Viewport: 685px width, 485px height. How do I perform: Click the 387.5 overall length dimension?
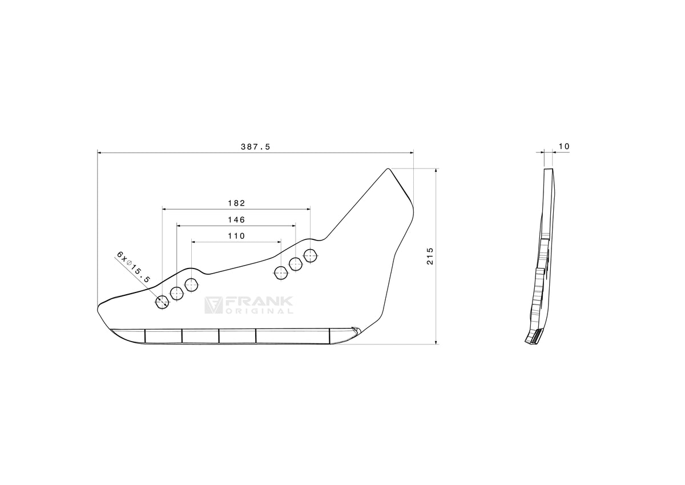pyautogui.click(x=255, y=147)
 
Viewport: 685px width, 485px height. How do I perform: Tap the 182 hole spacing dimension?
pyautogui.click(x=236, y=203)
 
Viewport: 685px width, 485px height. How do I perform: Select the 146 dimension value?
pyautogui.click(x=236, y=220)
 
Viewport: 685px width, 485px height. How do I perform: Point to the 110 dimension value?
pyautogui.click(x=236, y=236)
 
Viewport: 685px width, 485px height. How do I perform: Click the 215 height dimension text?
pyautogui.click(x=430, y=256)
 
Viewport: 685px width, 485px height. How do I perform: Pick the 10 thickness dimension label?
pyautogui.click(x=564, y=147)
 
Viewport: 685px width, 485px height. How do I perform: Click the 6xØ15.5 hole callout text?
pyautogui.click(x=134, y=267)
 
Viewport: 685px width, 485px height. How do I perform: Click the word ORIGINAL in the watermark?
pyautogui.click(x=259, y=311)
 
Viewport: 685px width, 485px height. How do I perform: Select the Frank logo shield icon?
pyautogui.click(x=213, y=305)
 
